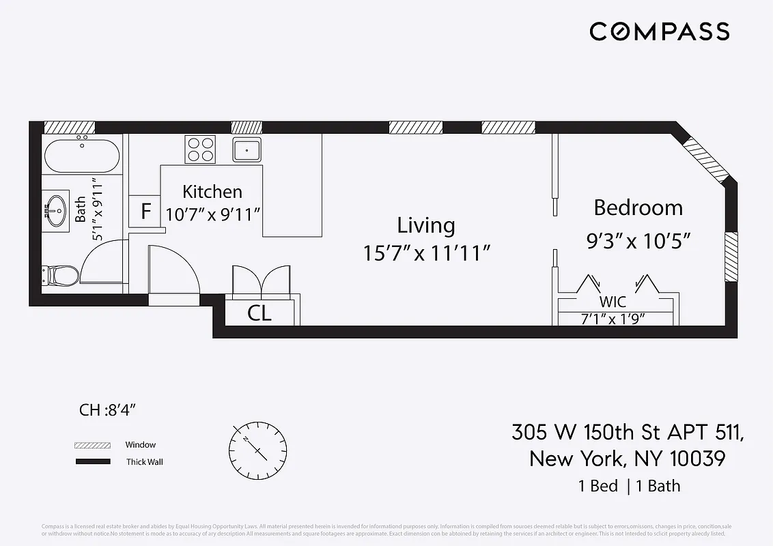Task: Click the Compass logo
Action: pos(660,31)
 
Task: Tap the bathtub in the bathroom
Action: pos(81,156)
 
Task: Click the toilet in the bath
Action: pos(61,276)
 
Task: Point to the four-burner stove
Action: pos(200,149)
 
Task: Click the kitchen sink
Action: pos(247,149)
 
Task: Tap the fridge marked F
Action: pos(145,212)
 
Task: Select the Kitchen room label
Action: pos(212,192)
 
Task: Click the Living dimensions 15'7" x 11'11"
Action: pos(427,253)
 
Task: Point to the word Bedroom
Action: pos(638,207)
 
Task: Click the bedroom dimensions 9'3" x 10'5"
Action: pos(639,241)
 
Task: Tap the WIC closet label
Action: pos(613,302)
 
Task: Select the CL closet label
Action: pos(259,313)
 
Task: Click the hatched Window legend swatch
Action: pos(92,445)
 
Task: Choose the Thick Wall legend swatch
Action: pos(92,462)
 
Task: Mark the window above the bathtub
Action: pos(70,127)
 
